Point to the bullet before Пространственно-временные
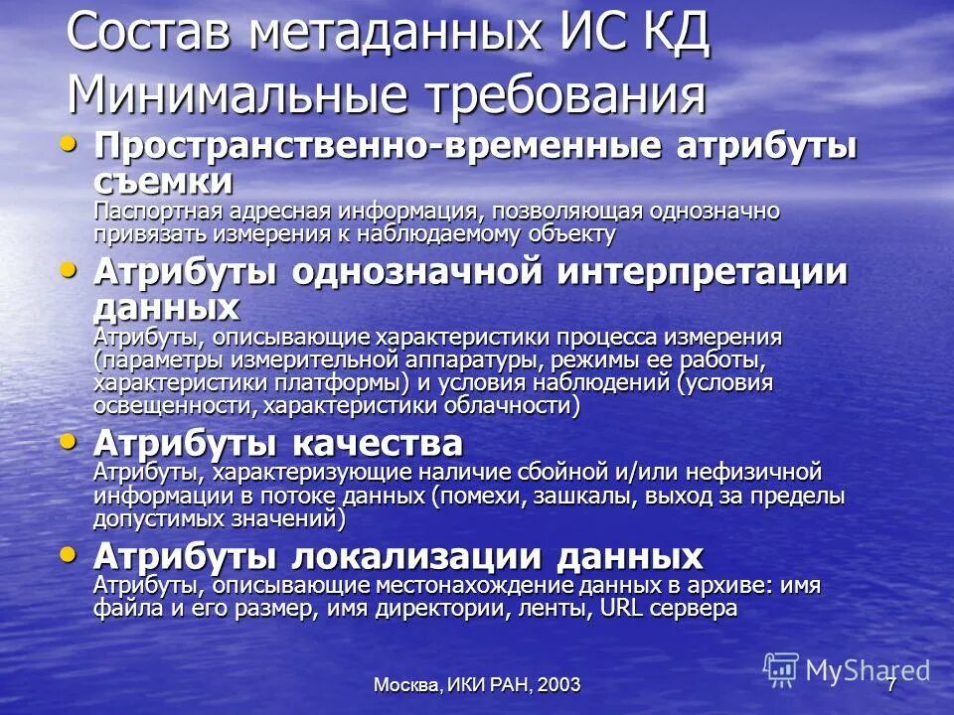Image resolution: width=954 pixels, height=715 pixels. point(69,145)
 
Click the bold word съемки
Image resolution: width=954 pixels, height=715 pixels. point(164,182)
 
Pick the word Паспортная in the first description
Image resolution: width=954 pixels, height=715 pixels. point(148,212)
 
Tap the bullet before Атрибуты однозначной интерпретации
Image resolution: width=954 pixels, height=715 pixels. point(69,269)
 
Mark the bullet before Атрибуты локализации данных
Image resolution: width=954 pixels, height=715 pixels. point(69,552)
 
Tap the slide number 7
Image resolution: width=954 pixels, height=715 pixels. point(891,684)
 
